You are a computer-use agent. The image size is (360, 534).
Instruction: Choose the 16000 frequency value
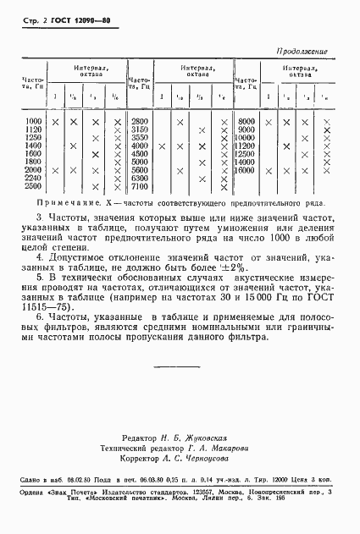click(246, 171)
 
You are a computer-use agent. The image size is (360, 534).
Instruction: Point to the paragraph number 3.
click(27, 219)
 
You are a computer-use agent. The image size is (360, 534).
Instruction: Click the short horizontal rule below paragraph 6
click(180, 366)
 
